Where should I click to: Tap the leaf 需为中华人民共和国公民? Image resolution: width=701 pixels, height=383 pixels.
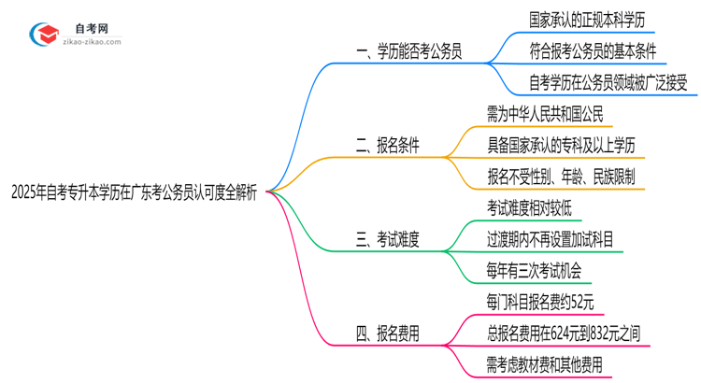(x=546, y=114)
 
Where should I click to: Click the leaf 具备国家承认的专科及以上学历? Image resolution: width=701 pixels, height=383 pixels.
(x=567, y=145)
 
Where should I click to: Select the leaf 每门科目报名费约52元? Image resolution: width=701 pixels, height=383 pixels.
(x=539, y=301)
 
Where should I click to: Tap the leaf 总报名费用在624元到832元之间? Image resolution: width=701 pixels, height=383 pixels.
(x=564, y=333)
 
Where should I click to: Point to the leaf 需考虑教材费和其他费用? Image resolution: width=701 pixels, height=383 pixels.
(x=545, y=363)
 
